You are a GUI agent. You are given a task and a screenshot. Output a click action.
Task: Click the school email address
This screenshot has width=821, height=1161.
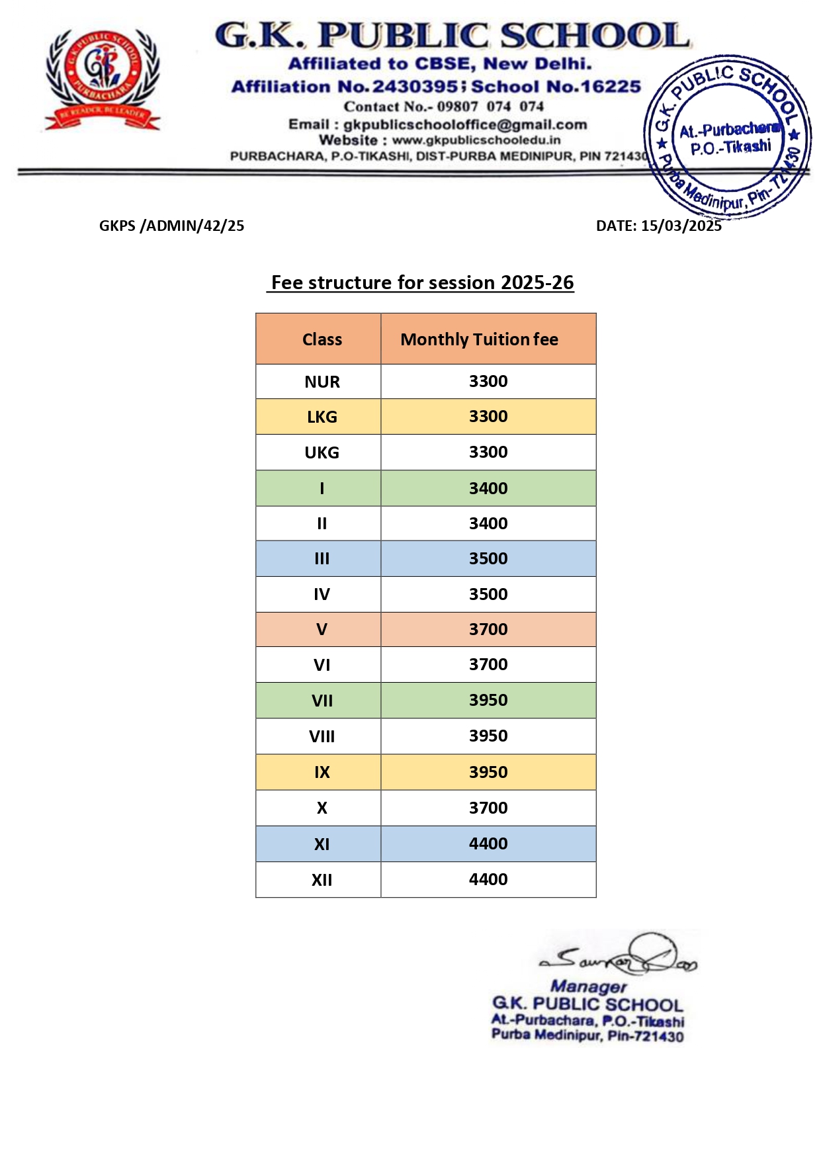tap(465, 124)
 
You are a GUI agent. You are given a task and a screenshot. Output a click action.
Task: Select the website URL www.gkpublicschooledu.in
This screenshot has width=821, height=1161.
tap(476, 140)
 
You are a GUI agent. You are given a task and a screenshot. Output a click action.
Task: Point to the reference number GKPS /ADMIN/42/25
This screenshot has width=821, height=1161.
tap(171, 226)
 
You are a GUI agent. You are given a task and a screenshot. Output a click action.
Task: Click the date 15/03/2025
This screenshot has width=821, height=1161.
tap(681, 226)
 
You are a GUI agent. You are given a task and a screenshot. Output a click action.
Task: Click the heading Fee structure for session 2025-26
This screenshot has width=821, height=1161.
tap(422, 282)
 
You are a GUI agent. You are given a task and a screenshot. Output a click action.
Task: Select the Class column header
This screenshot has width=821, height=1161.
tap(322, 339)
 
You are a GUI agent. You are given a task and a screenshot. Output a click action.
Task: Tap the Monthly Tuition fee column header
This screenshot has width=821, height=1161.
tap(479, 339)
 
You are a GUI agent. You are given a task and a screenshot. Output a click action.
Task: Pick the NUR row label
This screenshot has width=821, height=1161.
tap(322, 382)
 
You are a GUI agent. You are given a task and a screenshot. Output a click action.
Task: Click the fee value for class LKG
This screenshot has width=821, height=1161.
tap(488, 416)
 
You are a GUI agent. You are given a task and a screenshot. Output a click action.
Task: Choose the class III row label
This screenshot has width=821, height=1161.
tap(322, 558)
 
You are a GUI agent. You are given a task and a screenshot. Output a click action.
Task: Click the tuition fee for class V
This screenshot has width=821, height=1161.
tap(488, 629)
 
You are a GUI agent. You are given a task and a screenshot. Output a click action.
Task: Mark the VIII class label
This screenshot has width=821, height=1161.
tap(322, 736)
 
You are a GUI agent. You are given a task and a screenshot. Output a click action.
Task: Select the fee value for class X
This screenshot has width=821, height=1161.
tap(488, 808)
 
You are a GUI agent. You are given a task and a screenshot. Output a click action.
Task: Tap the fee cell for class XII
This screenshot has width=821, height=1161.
tap(488, 879)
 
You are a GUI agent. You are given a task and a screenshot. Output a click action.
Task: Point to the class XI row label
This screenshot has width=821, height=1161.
tap(322, 844)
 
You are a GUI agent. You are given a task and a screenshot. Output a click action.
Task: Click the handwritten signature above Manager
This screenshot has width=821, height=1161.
tap(619, 956)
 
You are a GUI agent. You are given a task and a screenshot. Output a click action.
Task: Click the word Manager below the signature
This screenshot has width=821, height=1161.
tap(588, 986)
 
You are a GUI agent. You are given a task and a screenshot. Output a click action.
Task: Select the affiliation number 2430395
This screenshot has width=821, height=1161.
tap(415, 87)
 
